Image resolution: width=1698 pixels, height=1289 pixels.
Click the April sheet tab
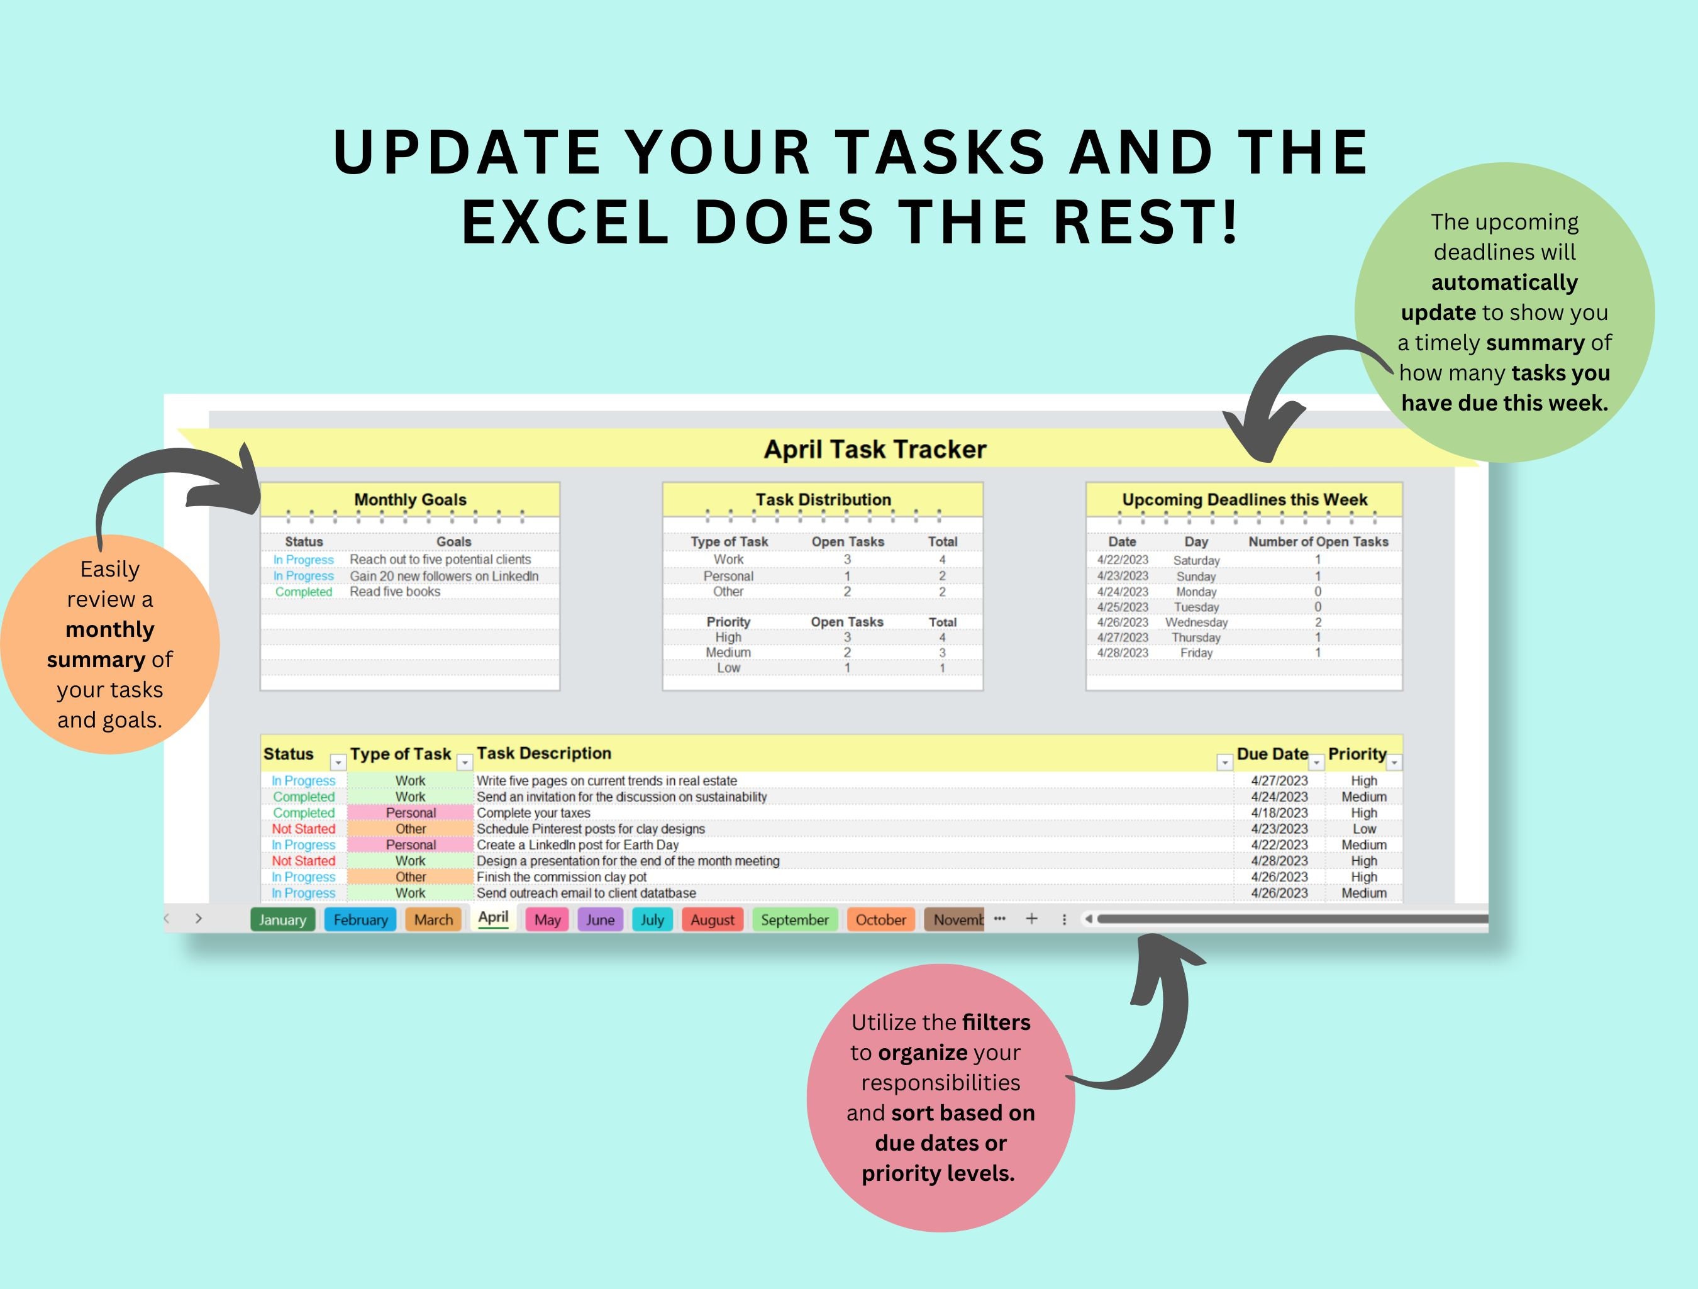493,918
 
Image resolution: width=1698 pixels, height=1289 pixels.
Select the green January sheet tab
282,920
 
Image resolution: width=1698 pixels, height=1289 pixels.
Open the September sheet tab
794,920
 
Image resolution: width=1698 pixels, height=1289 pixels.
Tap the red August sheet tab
713,920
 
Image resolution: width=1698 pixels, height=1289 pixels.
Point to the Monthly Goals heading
410,500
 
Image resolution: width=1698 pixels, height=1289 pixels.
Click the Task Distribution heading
823,500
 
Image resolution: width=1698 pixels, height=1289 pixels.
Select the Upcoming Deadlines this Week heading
1245,500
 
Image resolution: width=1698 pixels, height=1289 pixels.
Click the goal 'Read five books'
394,592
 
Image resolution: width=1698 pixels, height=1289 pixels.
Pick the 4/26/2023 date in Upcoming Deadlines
1123,622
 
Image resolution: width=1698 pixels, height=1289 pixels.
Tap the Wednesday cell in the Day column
1196,622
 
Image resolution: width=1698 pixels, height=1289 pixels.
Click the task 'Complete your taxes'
533,813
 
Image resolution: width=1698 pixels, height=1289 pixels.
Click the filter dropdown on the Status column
338,762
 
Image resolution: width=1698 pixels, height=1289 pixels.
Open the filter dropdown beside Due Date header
1316,762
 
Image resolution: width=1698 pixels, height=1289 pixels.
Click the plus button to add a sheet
1032,919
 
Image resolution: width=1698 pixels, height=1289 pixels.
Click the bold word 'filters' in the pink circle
996,1022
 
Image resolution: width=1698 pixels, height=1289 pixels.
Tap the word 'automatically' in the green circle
1504,282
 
